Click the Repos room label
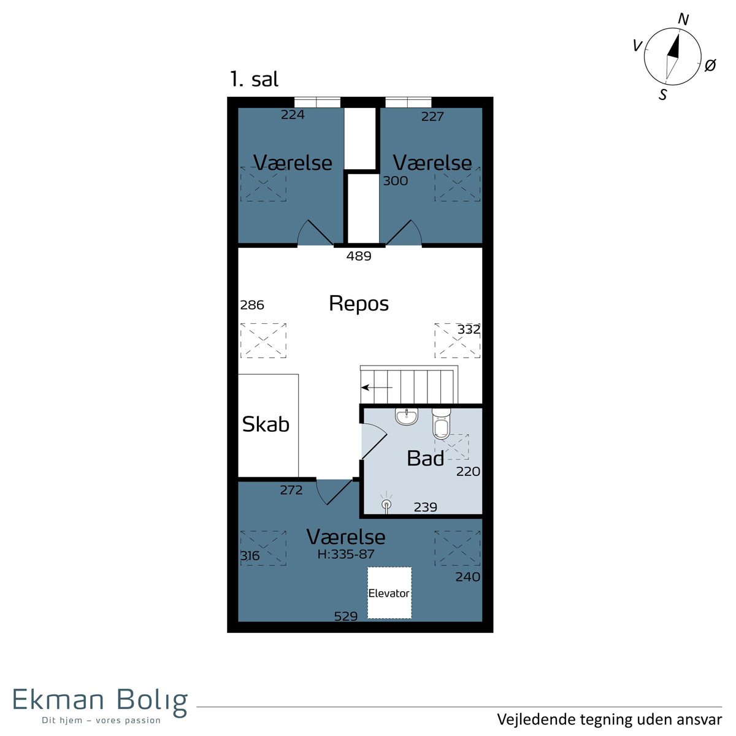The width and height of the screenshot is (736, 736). pos(359,304)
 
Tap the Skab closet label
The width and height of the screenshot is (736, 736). pos(266,424)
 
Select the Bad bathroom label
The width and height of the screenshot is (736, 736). pos(426,458)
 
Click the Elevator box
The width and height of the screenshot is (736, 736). pos(389,592)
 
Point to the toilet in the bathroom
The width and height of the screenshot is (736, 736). pos(442,424)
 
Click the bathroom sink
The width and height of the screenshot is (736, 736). pos(407,416)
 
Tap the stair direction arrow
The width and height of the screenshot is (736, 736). pos(377,388)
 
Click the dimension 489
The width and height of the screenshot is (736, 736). pos(359,256)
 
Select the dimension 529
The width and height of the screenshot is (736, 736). pos(346,616)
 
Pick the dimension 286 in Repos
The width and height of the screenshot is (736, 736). pos(252,305)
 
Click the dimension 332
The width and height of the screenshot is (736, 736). pos(469,329)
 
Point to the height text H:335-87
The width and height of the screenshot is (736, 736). pos(346,554)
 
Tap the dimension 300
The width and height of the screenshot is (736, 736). pos(396,181)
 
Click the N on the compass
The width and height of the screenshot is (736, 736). pos(683,19)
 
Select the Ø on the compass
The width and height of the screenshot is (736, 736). pos(710,65)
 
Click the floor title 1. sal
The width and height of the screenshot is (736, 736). pos(254,80)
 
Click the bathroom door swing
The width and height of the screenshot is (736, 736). pos(375,441)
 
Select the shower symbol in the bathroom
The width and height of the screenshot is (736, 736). pos(386,504)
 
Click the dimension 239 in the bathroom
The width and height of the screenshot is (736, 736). pos(426,507)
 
